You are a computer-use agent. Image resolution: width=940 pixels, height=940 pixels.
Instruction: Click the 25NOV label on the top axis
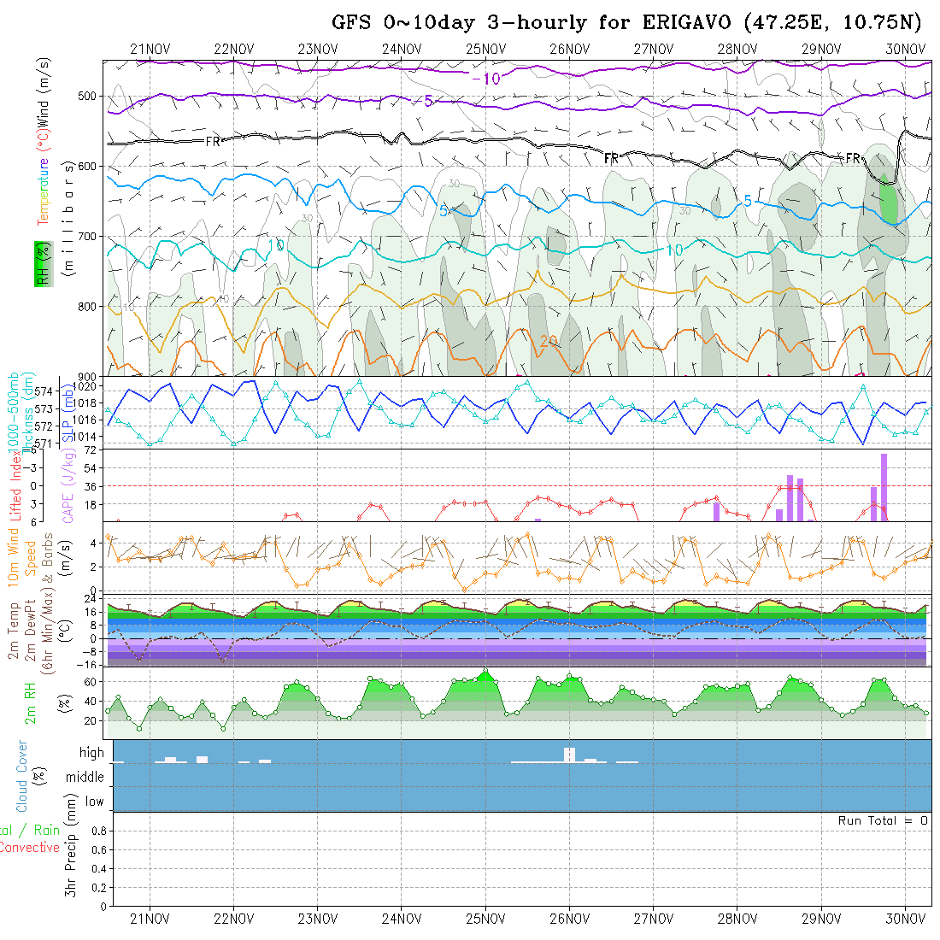point(485,49)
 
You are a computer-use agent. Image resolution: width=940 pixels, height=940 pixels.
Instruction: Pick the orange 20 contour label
point(548,341)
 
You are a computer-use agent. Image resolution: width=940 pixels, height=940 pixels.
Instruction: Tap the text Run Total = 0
point(883,820)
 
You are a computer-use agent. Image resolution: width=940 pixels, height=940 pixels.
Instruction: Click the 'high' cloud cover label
point(91,753)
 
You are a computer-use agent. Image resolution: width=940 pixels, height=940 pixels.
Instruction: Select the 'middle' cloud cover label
point(85,777)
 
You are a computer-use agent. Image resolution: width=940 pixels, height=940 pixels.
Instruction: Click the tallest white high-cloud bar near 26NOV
point(570,754)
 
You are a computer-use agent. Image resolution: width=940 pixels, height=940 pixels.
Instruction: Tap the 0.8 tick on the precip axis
point(97,830)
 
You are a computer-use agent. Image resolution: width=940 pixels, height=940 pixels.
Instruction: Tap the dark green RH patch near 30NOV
point(889,202)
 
